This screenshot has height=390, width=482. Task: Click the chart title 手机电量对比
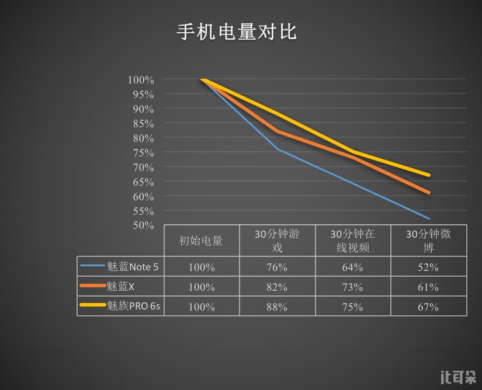(x=237, y=32)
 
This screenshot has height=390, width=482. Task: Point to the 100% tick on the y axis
(x=141, y=80)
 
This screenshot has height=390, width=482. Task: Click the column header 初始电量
(x=201, y=241)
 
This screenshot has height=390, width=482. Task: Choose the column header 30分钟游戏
(x=277, y=241)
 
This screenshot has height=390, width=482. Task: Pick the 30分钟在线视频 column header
(x=352, y=241)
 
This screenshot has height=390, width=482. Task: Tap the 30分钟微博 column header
(x=428, y=241)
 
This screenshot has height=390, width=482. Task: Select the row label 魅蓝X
(x=121, y=287)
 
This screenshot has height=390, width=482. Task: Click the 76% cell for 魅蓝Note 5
(x=277, y=267)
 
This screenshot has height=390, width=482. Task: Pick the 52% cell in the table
(x=428, y=267)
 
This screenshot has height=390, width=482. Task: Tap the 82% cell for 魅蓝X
(x=277, y=287)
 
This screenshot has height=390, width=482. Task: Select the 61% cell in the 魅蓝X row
(x=428, y=287)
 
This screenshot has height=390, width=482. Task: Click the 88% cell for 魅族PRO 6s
(x=277, y=307)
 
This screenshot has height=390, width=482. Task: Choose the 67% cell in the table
(x=428, y=307)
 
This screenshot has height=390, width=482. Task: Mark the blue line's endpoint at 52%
(x=429, y=218)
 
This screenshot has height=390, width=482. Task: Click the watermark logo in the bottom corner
(x=457, y=377)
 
